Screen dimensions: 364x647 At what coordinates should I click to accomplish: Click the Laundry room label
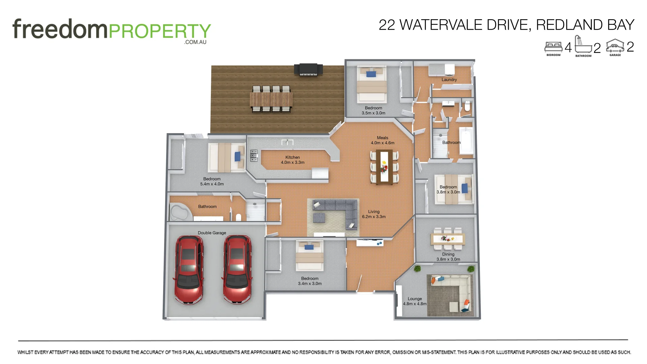tap(449, 80)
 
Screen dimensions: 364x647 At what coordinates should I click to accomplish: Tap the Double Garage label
tap(212, 233)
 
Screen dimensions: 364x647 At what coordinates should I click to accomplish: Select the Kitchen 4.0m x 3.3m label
tap(292, 160)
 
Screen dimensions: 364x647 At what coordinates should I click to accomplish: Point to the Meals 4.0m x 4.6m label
tap(382, 140)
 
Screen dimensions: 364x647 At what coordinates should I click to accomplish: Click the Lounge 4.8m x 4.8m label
tap(414, 301)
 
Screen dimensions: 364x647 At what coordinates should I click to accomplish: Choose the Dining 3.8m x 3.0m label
tap(448, 257)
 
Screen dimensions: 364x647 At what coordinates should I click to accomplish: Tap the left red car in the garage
tap(189, 270)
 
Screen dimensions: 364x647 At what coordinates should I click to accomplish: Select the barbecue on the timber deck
tap(308, 69)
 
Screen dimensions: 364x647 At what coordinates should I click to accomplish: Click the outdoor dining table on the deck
tap(271, 99)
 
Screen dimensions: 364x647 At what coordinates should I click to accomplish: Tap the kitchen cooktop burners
tap(254, 156)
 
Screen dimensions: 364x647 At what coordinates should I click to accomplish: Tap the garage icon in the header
tap(615, 47)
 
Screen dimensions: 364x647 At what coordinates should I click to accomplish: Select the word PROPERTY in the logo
tap(160, 31)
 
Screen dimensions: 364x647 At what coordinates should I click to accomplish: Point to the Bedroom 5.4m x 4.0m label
tap(212, 181)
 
